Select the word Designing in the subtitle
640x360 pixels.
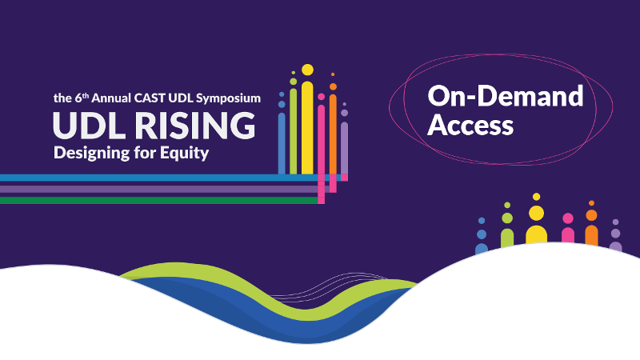[89, 153]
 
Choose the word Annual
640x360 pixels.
[114, 98]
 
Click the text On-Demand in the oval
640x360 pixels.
[505, 97]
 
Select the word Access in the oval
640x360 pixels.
[470, 125]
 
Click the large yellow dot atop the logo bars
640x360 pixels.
[307, 70]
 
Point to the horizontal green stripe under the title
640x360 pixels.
[160, 201]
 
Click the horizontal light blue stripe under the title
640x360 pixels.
[160, 178]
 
